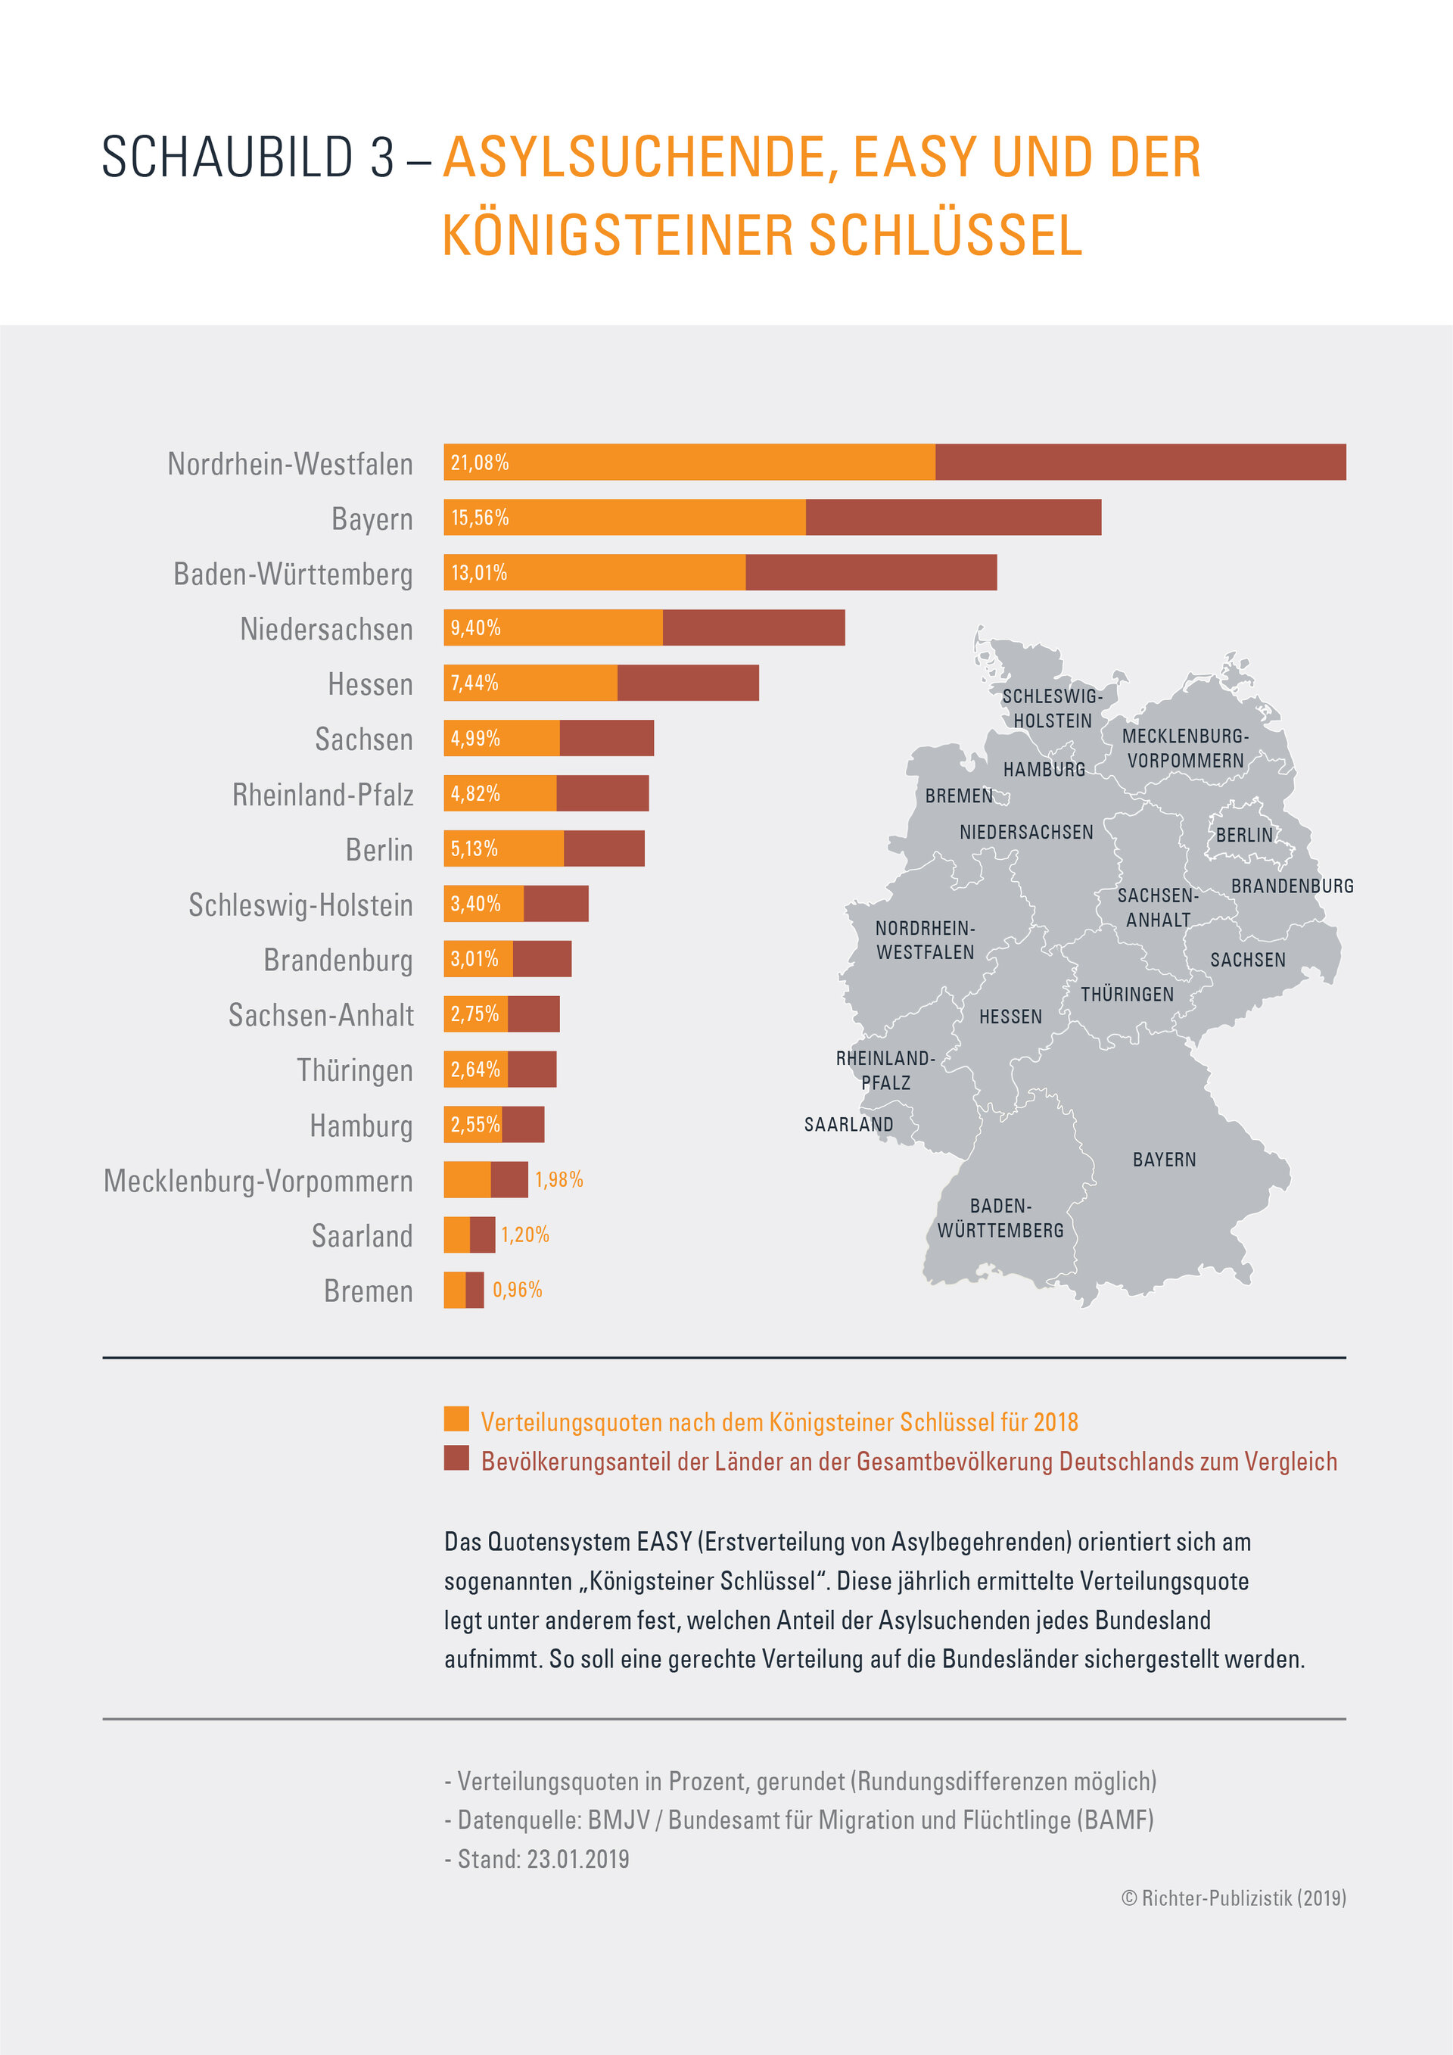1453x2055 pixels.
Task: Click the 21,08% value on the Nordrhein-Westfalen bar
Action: pyautogui.click(x=480, y=462)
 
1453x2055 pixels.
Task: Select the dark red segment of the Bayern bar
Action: pyautogui.click(x=953, y=517)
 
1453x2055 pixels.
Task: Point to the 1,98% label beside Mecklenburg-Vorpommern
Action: pyautogui.click(x=558, y=1180)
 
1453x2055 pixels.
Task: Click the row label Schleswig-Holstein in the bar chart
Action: pyautogui.click(x=300, y=905)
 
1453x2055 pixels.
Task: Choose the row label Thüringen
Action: pyautogui.click(x=355, y=1070)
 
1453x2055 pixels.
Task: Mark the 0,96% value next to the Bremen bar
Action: pyautogui.click(x=517, y=1290)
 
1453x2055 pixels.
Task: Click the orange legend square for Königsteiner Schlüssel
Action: pyautogui.click(x=456, y=1418)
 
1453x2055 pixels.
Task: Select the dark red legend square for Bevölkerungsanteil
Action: pyautogui.click(x=456, y=1458)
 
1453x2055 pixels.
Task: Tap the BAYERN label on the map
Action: pyautogui.click(x=1164, y=1160)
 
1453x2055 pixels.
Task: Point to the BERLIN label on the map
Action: pyautogui.click(x=1243, y=835)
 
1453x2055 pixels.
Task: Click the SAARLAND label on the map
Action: pyautogui.click(x=848, y=1125)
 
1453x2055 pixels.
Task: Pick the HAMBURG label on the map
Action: pyautogui.click(x=1044, y=770)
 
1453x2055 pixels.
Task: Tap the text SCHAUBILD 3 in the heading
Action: pyautogui.click(x=247, y=157)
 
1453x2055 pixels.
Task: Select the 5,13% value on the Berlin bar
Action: pyautogui.click(x=474, y=848)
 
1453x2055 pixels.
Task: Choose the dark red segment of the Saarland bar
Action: pyautogui.click(x=482, y=1235)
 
